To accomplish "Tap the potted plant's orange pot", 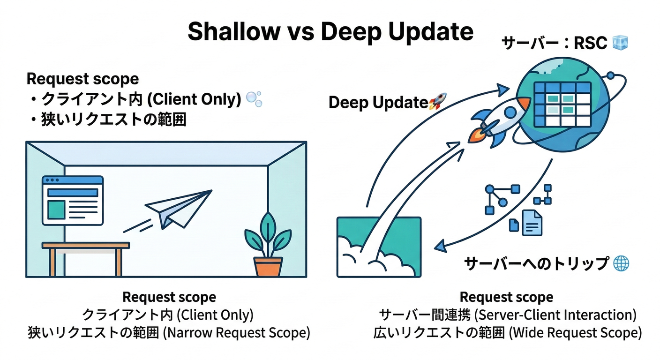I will tap(268, 266).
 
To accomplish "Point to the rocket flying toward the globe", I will tap(495, 120).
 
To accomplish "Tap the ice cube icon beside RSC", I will tap(620, 43).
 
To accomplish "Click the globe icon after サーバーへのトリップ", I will tap(621, 263).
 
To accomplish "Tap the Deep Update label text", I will tap(378, 103).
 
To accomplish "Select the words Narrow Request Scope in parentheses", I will tap(238, 333).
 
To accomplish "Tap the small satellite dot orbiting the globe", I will tap(610, 75).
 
